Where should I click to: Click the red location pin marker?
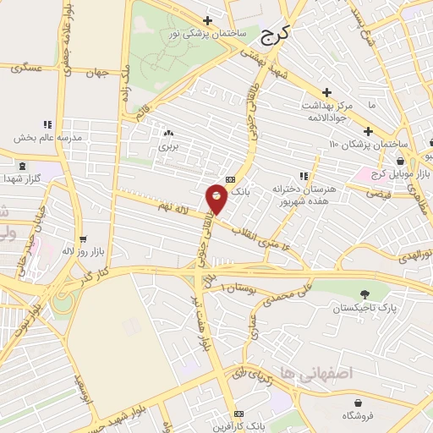(216, 200)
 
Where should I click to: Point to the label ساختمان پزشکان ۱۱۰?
(369, 144)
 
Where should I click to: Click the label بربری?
(166, 145)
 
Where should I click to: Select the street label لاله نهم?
(174, 207)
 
